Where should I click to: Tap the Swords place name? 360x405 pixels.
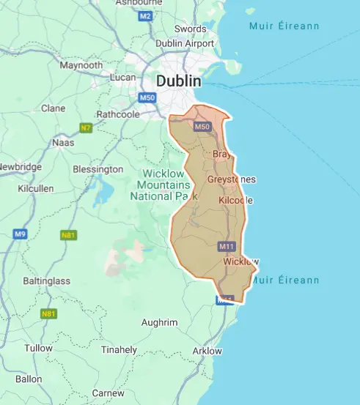tap(190, 29)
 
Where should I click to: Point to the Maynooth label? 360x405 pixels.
tap(81, 65)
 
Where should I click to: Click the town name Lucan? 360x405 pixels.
tap(123, 77)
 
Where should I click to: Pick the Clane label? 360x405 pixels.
tap(53, 108)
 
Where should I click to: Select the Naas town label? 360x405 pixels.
tap(63, 143)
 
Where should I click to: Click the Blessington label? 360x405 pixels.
tap(98, 169)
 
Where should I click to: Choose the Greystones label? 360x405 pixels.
tap(231, 179)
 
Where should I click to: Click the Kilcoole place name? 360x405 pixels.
tap(236, 200)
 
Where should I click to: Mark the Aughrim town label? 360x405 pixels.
tap(159, 322)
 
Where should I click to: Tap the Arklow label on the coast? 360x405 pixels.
tap(206, 351)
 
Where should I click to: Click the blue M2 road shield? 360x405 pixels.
tap(145, 15)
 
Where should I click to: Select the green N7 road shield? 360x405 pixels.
tap(86, 128)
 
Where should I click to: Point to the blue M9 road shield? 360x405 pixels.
tap(20, 234)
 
